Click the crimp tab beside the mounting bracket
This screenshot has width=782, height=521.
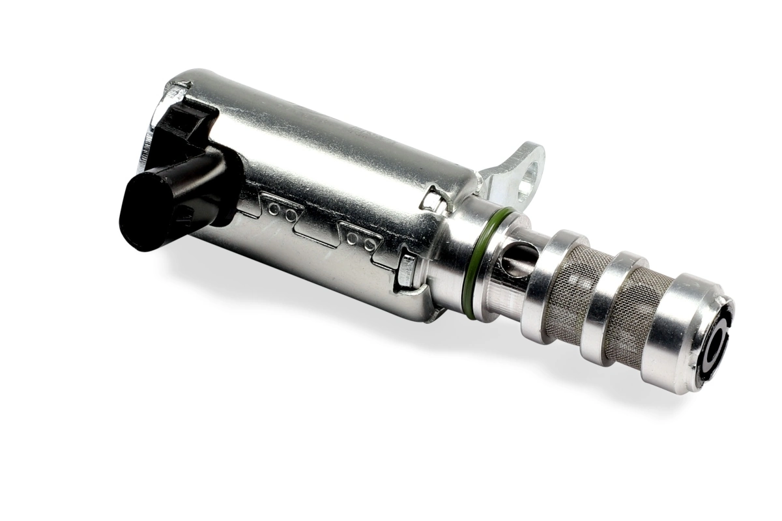click(x=433, y=199)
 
